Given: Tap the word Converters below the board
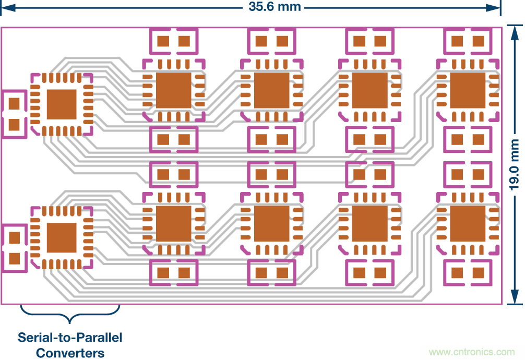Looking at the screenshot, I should tap(70, 352).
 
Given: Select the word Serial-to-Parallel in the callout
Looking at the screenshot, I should tap(70, 337).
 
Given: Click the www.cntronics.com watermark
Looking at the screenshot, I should tap(471, 352).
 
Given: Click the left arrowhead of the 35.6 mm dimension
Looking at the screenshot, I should tap(6, 7).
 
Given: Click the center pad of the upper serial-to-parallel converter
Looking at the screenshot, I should tap(62, 104).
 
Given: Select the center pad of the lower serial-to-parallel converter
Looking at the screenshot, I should tap(62, 238).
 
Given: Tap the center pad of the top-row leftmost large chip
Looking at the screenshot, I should tap(174, 90).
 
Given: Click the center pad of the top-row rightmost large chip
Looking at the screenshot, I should tap(468, 90).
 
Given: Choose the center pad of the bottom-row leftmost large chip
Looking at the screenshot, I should tap(174, 224).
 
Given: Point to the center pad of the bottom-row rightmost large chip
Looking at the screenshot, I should tap(468, 224).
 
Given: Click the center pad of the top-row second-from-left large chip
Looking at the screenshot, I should tap(271, 90).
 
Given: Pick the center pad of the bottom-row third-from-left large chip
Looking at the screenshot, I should tap(369, 224).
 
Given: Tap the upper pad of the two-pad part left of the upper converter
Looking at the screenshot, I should tap(15, 103).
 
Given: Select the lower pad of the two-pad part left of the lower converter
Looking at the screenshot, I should tap(15, 258).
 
